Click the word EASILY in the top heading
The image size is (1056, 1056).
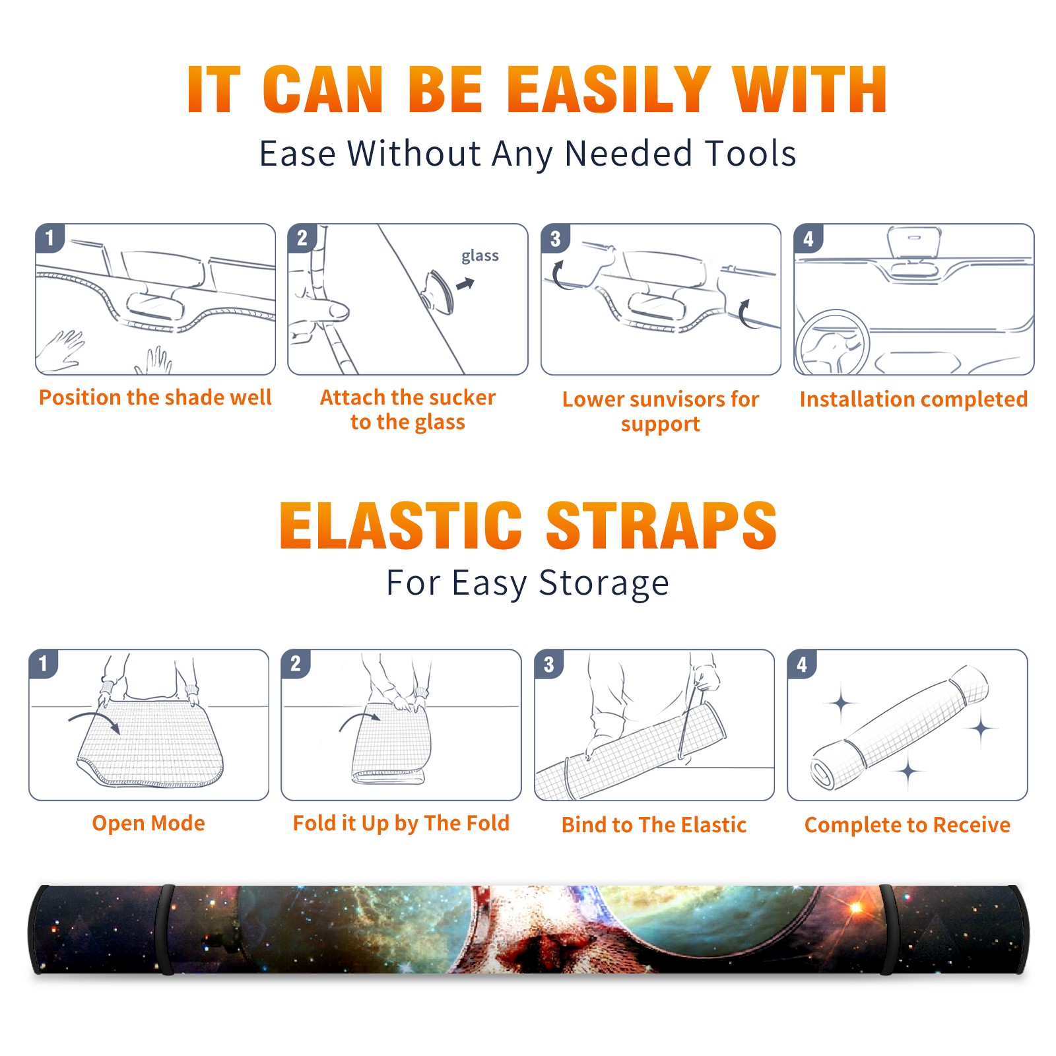pos(608,90)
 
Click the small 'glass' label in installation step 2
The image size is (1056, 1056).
pos(480,255)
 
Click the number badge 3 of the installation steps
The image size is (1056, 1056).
pos(555,238)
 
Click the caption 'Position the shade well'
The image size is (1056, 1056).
pos(155,397)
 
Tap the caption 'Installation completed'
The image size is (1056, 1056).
pos(913,399)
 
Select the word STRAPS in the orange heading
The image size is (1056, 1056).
pos(661,525)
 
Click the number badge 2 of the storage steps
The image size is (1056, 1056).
pos(295,663)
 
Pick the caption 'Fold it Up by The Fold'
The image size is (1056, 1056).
pos(401,823)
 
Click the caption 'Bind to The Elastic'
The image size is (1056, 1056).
pos(654,824)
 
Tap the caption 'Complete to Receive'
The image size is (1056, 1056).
pos(907,824)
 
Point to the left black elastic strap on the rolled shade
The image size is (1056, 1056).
pos(167,929)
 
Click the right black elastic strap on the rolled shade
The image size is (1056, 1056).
pos(887,929)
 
